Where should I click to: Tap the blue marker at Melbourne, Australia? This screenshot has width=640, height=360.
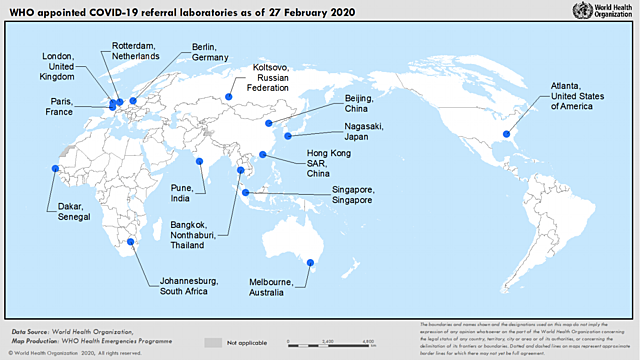tap(310, 263)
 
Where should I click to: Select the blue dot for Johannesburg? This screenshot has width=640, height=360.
tap(131, 242)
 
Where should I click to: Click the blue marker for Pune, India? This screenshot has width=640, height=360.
tap(198, 161)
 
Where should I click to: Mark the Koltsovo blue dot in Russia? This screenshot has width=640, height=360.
tap(228, 97)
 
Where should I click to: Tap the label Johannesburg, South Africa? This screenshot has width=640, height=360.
tap(189, 286)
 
